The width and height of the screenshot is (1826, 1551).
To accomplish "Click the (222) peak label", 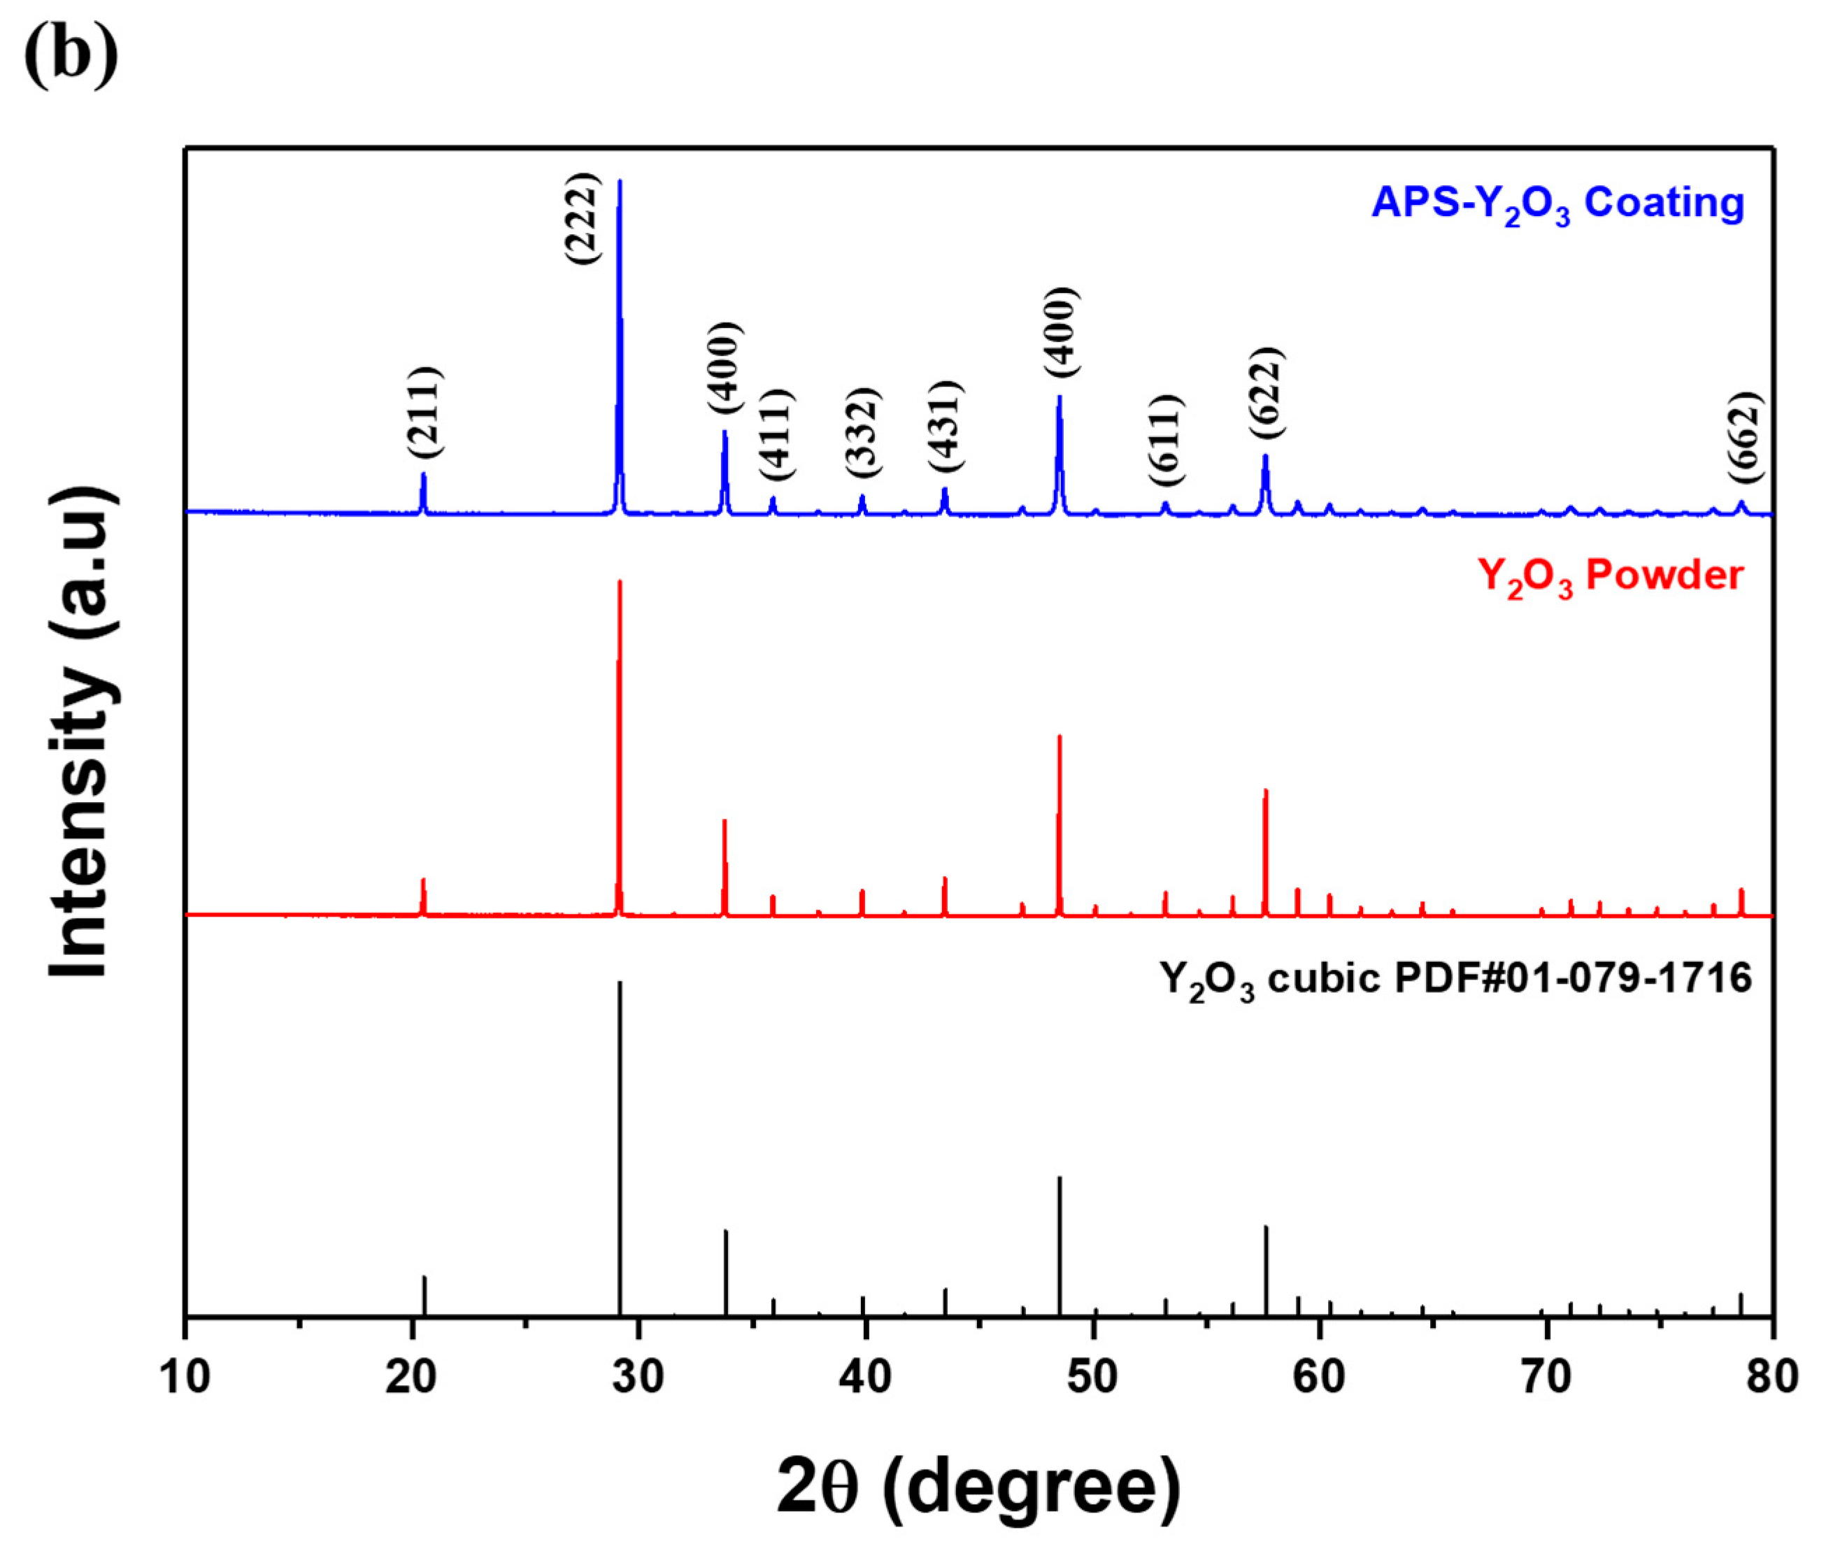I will click(582, 218).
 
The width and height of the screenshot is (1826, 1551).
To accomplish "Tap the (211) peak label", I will click(425, 411).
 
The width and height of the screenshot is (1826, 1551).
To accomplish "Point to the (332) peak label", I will click(862, 433).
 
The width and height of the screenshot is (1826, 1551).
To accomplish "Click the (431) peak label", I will click(947, 427).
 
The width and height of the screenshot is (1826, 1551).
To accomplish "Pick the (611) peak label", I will click(1167, 440).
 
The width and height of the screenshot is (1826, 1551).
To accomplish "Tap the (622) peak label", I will click(1267, 393).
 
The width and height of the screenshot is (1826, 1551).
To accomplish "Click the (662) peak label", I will click(1745, 437).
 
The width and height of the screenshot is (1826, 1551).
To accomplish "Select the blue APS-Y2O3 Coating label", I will click(1557, 205).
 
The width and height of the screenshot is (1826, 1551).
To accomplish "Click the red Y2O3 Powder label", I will click(1611, 577).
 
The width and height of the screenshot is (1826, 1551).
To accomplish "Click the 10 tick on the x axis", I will click(185, 1377).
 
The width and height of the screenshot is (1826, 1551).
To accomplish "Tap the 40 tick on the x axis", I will click(866, 1377).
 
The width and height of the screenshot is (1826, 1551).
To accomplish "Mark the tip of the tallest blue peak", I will click(620, 182).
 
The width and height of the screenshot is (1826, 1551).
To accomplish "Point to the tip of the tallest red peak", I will click(620, 582).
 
